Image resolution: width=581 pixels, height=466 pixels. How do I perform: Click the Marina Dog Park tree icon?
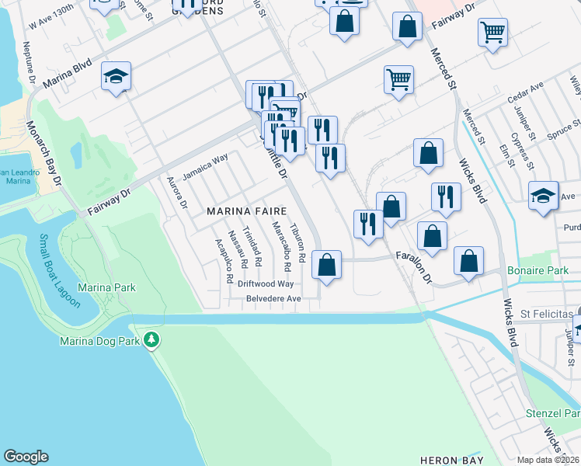coord(152,340)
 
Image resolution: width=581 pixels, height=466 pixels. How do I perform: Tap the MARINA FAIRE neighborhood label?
coord(246,211)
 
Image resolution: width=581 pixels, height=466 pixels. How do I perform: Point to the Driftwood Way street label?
coord(267,284)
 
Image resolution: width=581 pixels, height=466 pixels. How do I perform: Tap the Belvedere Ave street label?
coord(273,298)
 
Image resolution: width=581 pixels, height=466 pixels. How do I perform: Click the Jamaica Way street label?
coord(205,167)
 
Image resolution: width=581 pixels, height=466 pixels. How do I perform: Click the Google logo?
coord(26,457)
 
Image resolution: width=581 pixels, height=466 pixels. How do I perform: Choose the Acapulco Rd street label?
coord(224,261)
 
